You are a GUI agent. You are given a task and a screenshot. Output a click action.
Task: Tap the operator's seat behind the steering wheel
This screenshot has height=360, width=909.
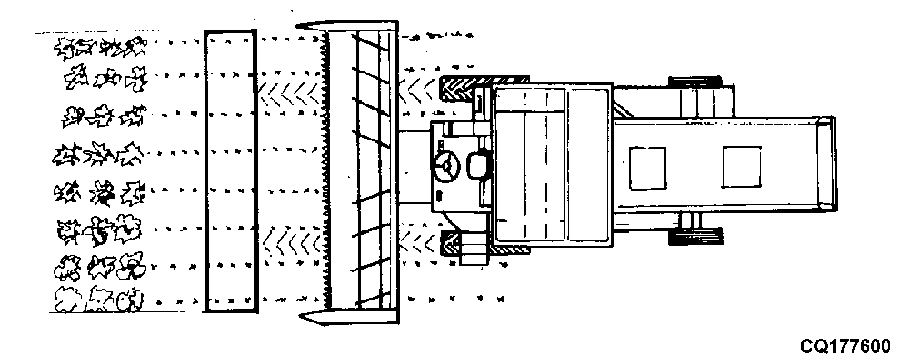click(478, 166)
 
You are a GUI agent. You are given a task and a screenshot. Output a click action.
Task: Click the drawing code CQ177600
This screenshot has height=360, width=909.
click(845, 347)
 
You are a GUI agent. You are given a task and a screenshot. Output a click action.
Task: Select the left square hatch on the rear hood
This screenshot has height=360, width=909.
click(647, 168)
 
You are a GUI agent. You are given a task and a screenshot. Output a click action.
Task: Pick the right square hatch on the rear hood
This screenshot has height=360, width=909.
click(741, 167)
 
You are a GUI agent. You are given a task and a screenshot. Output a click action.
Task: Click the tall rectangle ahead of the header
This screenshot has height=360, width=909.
click(230, 171)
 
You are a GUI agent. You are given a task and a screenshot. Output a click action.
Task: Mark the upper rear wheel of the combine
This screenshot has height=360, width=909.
click(694, 82)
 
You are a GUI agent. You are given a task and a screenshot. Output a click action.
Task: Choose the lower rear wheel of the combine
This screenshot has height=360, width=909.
click(695, 236)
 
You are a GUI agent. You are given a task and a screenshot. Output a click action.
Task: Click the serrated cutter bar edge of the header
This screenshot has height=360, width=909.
click(326, 171)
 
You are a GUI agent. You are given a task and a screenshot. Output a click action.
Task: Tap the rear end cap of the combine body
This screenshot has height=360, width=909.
click(826, 164)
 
